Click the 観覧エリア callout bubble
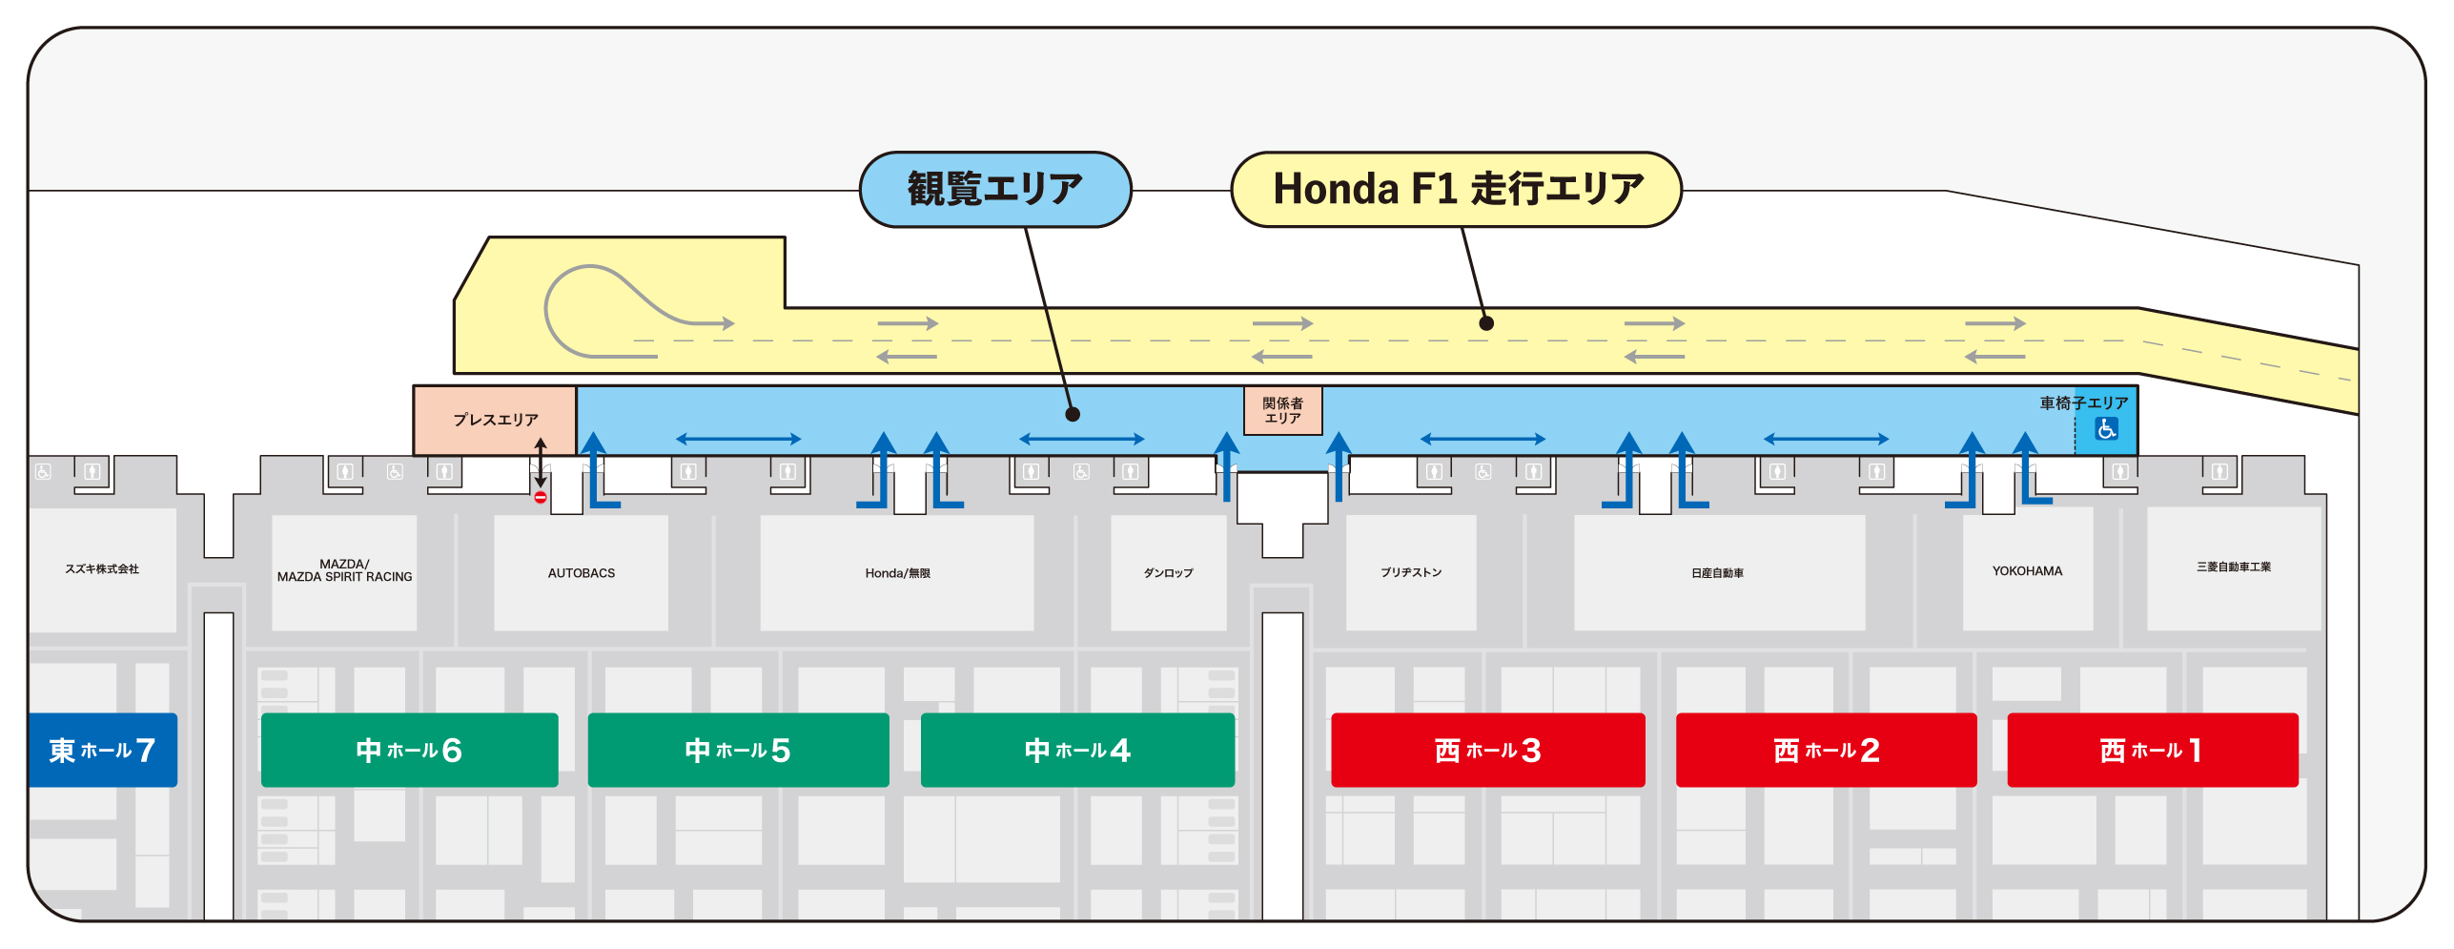coord(995,189)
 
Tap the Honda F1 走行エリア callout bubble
coord(1456,189)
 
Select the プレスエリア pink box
coord(495,420)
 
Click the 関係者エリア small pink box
coord(1282,411)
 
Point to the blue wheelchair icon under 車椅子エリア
coord(2106,429)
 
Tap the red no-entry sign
coord(541,497)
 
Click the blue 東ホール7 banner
coord(102,750)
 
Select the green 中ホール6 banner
coord(409,750)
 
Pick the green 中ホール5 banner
coord(738,750)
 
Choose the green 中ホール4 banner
coord(1077,750)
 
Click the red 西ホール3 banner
coord(1487,750)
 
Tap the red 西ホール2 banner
coord(1826,750)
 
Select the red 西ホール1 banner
coord(2152,750)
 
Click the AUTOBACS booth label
coord(582,573)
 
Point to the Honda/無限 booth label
coord(897,573)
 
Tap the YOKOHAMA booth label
coord(2027,571)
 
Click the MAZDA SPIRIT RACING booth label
coord(344,570)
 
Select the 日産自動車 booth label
coord(1717,573)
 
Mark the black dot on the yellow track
coord(1485,323)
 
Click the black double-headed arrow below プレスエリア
coord(541,463)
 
